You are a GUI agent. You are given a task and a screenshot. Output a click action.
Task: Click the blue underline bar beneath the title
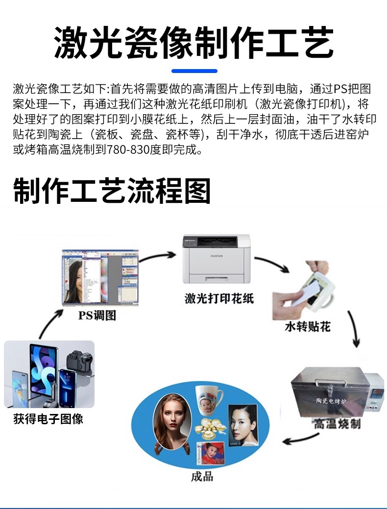[x=194, y=71]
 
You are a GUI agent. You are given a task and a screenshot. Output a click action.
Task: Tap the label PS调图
[x=97, y=315]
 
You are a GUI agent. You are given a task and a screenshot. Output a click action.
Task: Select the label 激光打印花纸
[x=219, y=298]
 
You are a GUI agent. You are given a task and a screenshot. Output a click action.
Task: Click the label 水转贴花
[x=308, y=327]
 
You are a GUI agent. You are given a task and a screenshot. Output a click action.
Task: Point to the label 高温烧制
[x=337, y=423]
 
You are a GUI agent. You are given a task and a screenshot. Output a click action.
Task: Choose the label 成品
[x=202, y=476]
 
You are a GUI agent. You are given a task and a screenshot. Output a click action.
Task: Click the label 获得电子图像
[x=48, y=419]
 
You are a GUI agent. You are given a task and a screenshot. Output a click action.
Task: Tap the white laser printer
[x=216, y=259]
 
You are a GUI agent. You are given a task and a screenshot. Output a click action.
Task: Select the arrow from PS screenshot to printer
[x=158, y=256]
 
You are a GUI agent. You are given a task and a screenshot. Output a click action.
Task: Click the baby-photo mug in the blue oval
[x=208, y=400]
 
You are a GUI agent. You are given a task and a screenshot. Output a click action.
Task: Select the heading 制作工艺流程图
[x=112, y=191]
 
